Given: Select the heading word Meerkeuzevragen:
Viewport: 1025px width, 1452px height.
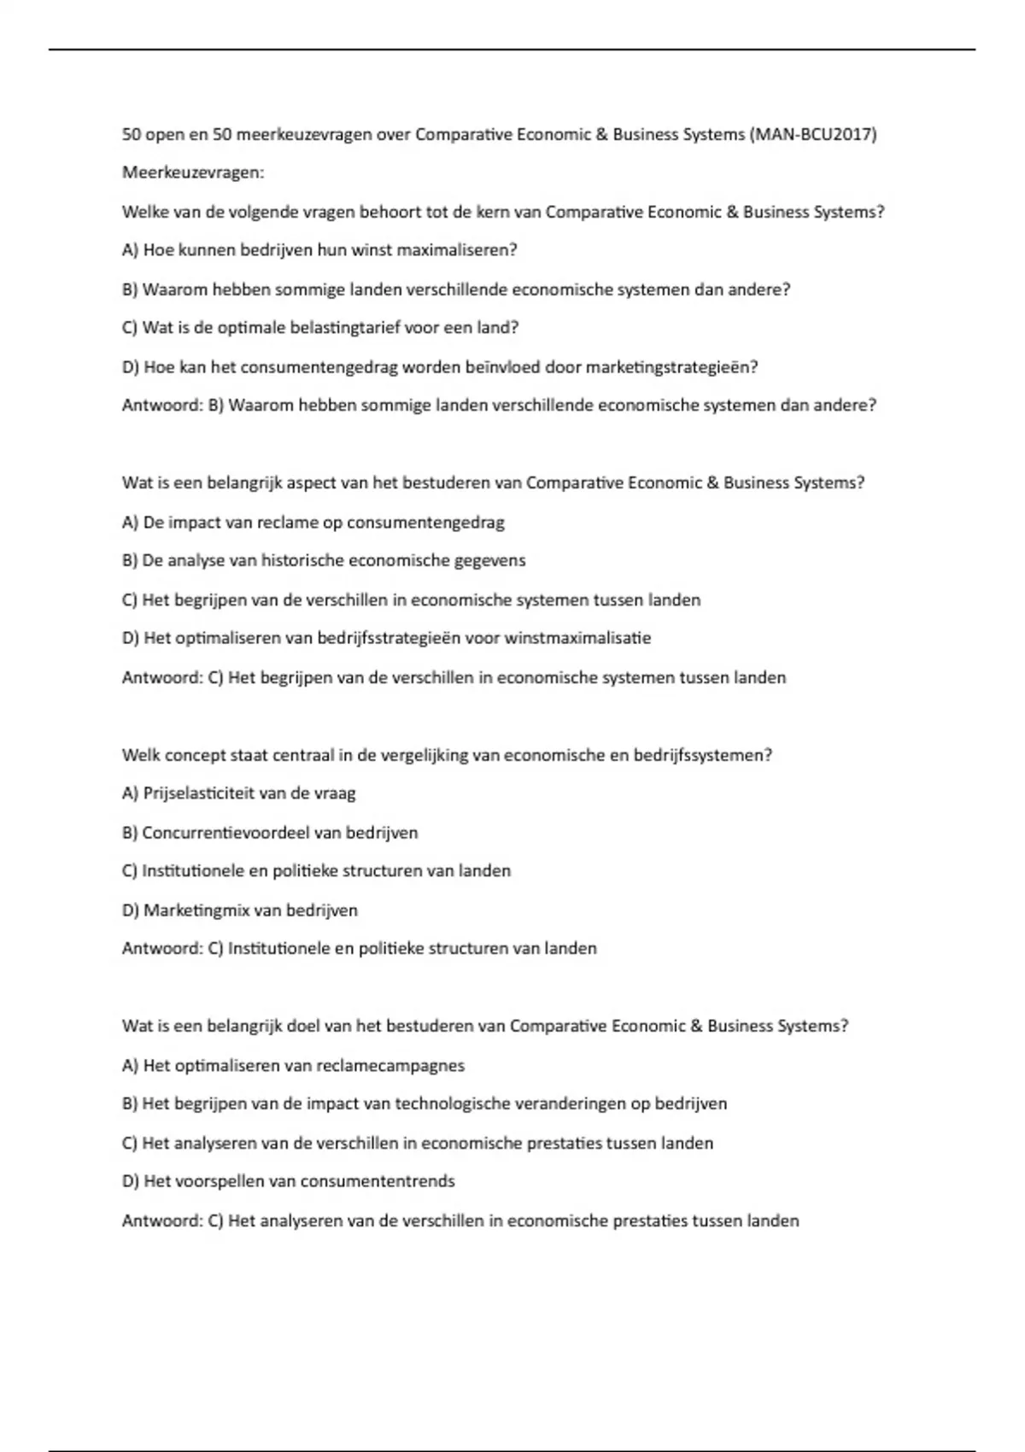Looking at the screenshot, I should [x=193, y=173].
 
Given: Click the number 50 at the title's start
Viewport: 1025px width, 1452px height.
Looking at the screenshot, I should [x=132, y=134].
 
